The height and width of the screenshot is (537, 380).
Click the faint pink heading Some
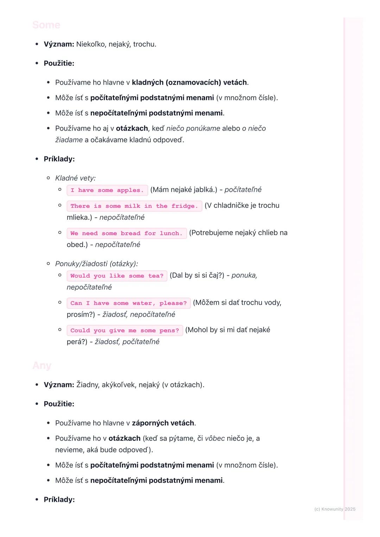tap(46, 25)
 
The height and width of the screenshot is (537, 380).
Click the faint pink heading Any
tap(42, 365)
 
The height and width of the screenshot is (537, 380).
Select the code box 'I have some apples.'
tap(107, 190)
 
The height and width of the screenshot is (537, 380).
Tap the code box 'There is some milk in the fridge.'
tap(134, 206)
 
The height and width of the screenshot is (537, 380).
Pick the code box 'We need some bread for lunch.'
tap(126, 233)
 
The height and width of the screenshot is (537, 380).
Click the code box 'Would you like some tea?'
tap(117, 276)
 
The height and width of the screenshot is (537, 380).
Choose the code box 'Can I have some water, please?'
tap(128, 303)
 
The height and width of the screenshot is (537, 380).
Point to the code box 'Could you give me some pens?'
tap(125, 330)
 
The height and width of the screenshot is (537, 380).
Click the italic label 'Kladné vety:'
tap(75, 178)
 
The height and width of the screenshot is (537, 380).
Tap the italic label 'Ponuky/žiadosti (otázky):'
tap(96, 264)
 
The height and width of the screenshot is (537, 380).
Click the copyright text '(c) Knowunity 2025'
tap(335, 509)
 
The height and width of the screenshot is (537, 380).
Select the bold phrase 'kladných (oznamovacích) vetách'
tap(189, 82)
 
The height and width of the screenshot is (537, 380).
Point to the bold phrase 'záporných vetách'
tap(163, 423)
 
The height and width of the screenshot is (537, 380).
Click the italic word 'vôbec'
tap(215, 438)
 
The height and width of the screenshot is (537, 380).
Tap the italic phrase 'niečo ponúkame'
tap(193, 128)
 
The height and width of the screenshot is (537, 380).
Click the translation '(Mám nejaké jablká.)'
tap(184, 190)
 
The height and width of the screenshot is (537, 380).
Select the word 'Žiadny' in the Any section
tap(87, 385)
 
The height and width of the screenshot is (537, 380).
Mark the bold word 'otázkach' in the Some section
tap(132, 128)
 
